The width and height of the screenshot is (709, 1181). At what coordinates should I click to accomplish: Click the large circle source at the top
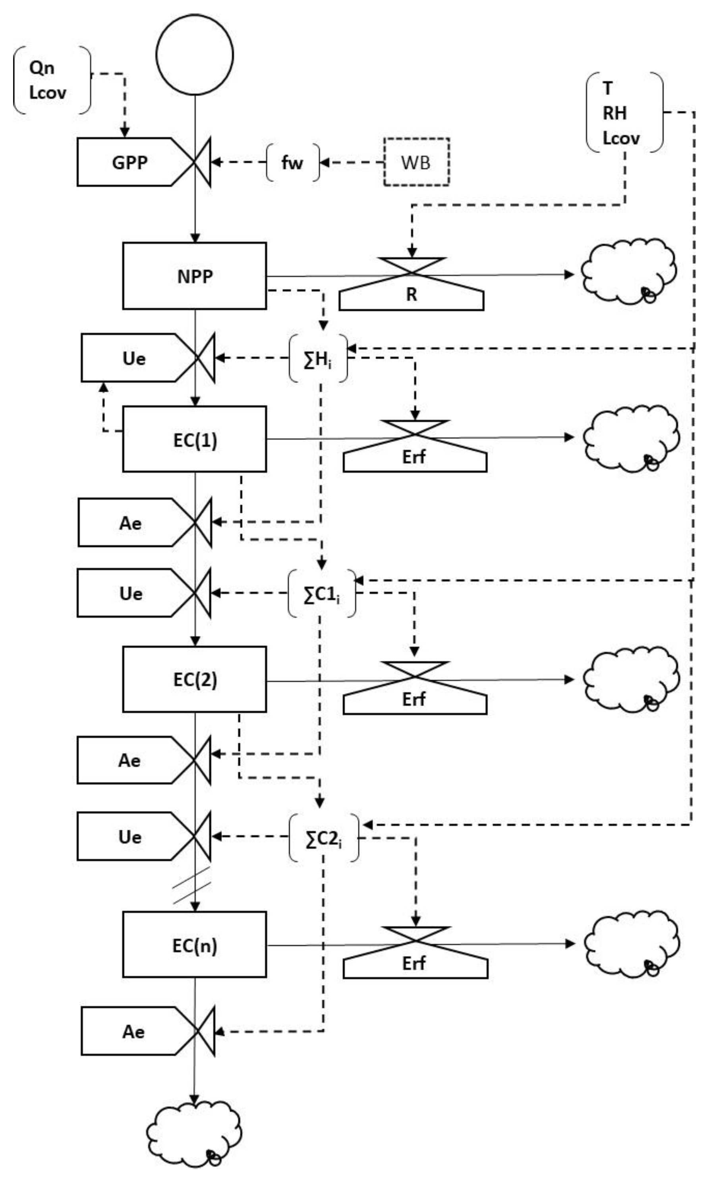click(x=195, y=54)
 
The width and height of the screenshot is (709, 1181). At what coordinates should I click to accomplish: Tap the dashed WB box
click(x=416, y=162)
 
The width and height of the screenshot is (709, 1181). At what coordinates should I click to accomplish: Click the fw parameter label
click(x=292, y=163)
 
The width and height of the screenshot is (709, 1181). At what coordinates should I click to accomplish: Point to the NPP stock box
click(x=195, y=276)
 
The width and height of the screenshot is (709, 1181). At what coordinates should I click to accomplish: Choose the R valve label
click(x=411, y=295)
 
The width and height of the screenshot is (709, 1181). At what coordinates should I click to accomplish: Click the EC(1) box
click(x=195, y=439)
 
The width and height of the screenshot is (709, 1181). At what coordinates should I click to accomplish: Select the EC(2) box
click(x=195, y=679)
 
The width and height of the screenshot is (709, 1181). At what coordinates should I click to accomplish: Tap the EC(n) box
click(x=195, y=945)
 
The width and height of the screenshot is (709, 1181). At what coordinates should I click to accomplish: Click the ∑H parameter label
click(x=318, y=358)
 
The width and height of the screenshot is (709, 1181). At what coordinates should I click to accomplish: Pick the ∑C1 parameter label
click(x=322, y=594)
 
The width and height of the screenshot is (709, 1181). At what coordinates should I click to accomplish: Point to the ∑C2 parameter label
click(x=323, y=838)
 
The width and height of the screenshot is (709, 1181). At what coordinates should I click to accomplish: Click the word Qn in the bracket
click(x=42, y=68)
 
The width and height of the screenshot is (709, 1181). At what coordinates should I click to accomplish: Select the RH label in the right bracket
click(x=614, y=113)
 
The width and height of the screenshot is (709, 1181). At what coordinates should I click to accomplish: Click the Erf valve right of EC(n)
click(x=414, y=962)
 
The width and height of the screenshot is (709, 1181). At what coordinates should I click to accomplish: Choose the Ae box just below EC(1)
click(x=130, y=523)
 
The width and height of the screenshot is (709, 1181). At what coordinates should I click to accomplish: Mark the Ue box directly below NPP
click(x=134, y=358)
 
